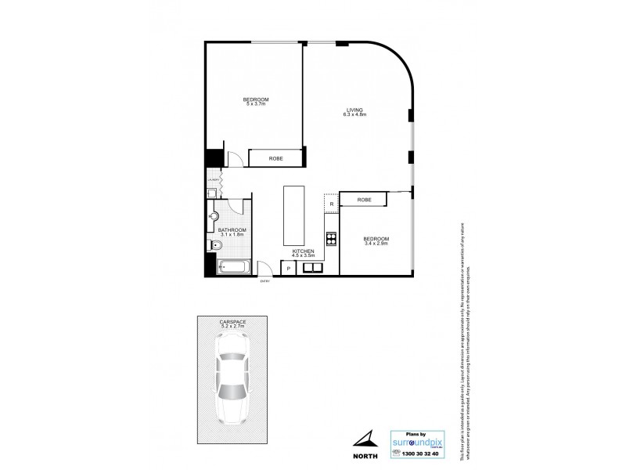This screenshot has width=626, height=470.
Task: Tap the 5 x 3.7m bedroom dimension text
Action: [256, 105]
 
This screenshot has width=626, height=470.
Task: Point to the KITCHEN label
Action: [303, 250]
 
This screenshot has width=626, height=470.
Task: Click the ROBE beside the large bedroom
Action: [275, 158]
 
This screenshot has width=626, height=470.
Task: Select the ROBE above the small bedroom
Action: [364, 200]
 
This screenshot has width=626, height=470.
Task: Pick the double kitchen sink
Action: [314, 268]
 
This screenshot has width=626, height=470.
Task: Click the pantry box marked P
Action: [289, 269]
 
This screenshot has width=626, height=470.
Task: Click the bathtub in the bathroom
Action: [233, 267]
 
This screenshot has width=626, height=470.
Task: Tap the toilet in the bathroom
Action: [217, 246]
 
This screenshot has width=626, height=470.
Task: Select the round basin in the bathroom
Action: [214, 215]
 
